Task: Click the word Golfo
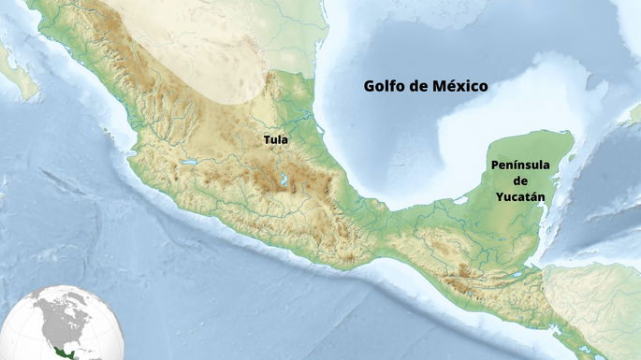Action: coord(386,86)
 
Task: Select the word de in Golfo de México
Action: coord(420,86)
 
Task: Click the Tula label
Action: coord(275,140)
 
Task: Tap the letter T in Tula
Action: coord(267,140)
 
